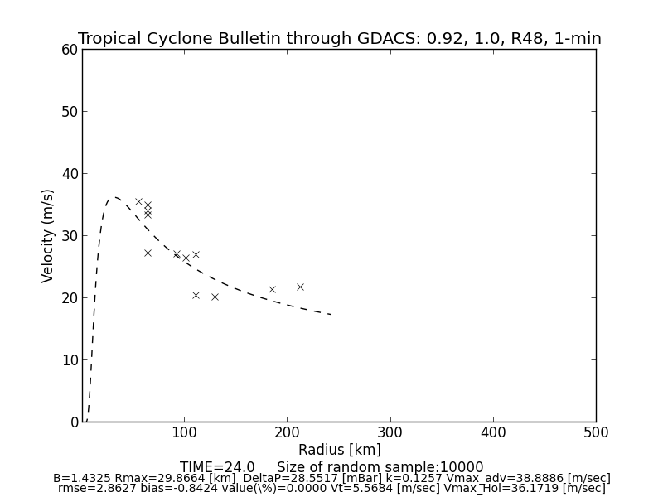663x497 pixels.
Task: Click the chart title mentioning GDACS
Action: pyautogui.click(x=339, y=39)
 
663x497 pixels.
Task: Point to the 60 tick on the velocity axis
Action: pyautogui.click(x=69, y=50)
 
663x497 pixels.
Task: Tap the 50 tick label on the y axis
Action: pyautogui.click(x=69, y=112)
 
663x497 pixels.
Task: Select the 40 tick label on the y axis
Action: pyautogui.click(x=69, y=174)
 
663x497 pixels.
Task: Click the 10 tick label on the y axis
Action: pyautogui.click(x=69, y=360)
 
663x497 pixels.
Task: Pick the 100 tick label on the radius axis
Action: pyautogui.click(x=184, y=432)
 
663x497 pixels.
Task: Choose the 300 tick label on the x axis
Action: pyautogui.click(x=390, y=432)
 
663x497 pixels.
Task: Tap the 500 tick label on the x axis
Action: pyautogui.click(x=596, y=432)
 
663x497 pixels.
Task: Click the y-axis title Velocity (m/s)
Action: pyautogui.click(x=48, y=235)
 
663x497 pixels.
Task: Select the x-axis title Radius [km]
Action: pyautogui.click(x=339, y=450)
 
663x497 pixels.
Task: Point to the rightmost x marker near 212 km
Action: pyautogui.click(x=300, y=287)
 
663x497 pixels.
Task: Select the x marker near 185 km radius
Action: pyautogui.click(x=272, y=289)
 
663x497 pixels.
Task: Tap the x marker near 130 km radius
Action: pyautogui.click(x=215, y=297)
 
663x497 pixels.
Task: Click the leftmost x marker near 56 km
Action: pyautogui.click(x=138, y=201)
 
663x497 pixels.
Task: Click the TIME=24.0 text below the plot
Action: pyautogui.click(x=217, y=467)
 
